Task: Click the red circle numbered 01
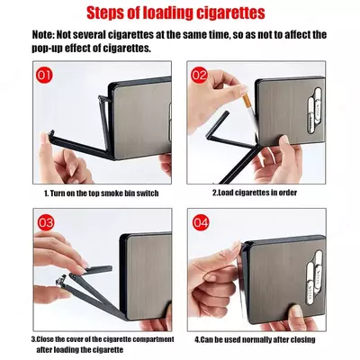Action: (x=44, y=75)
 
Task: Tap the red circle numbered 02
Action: (x=199, y=75)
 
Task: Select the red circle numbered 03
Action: (x=46, y=222)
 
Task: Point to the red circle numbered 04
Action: (x=201, y=223)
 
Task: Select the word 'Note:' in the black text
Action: (x=43, y=35)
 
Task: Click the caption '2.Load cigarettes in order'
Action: (x=255, y=193)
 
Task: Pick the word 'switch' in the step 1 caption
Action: (x=148, y=193)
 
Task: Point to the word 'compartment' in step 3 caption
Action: (x=153, y=339)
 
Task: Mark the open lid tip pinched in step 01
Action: (x=51, y=133)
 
